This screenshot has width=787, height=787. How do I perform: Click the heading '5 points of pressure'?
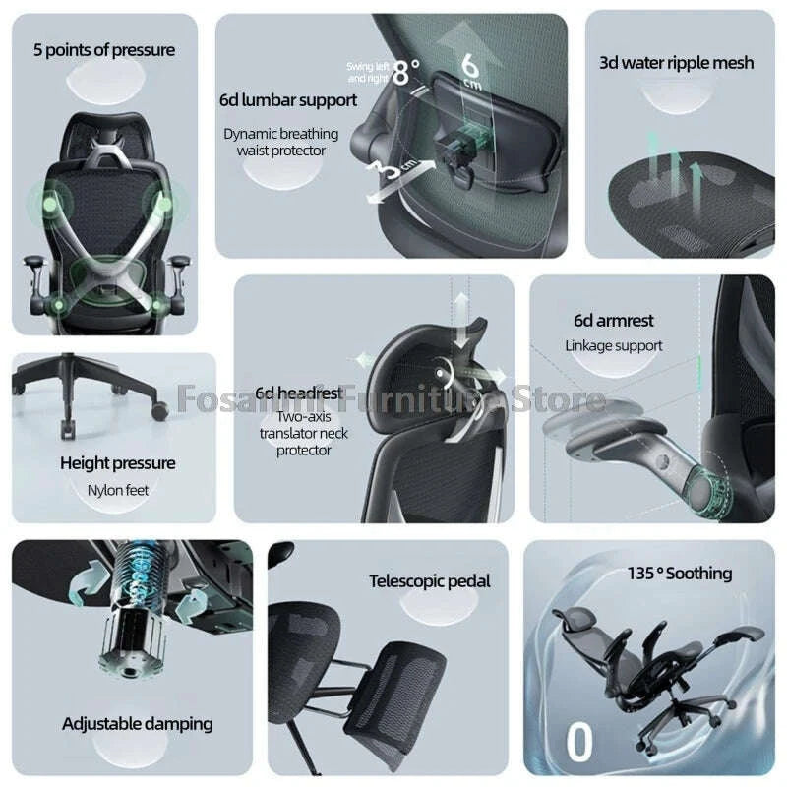[103, 50]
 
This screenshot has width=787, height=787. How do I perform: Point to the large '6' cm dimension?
[471, 66]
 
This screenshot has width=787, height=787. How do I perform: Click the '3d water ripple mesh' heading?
[676, 62]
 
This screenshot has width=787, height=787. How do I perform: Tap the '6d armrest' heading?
[614, 320]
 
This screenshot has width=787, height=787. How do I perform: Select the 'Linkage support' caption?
[614, 345]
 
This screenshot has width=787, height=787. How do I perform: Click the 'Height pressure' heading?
[117, 462]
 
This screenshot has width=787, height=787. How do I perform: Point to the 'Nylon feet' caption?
[117, 488]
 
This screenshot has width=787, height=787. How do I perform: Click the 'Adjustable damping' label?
[137, 723]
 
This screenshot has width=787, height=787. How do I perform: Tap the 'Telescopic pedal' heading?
[429, 581]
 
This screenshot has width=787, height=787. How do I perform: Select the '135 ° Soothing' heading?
[679, 573]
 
